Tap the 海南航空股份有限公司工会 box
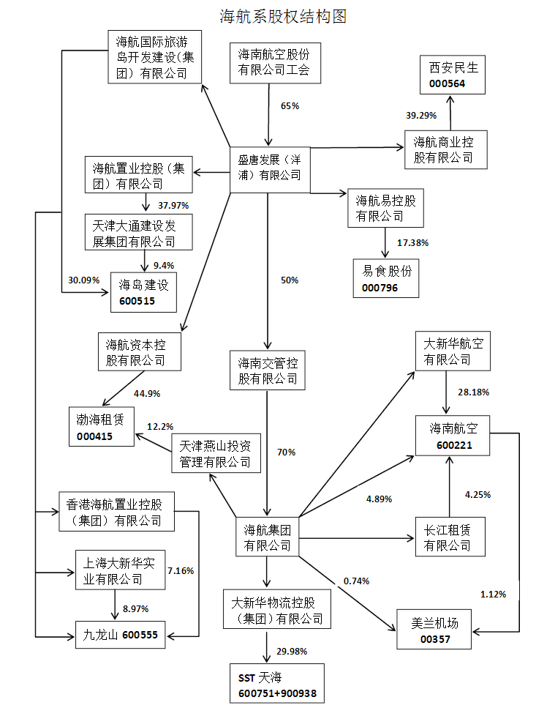pos(273,62)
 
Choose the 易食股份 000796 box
pos(387,278)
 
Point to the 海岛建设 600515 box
pos(143,292)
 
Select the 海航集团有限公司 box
pos(267,537)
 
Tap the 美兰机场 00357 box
pos(434,630)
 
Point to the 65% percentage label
pos(290,105)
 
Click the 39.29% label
pos(420,115)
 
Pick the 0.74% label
pos(356,581)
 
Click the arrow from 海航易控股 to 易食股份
pos(385,242)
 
